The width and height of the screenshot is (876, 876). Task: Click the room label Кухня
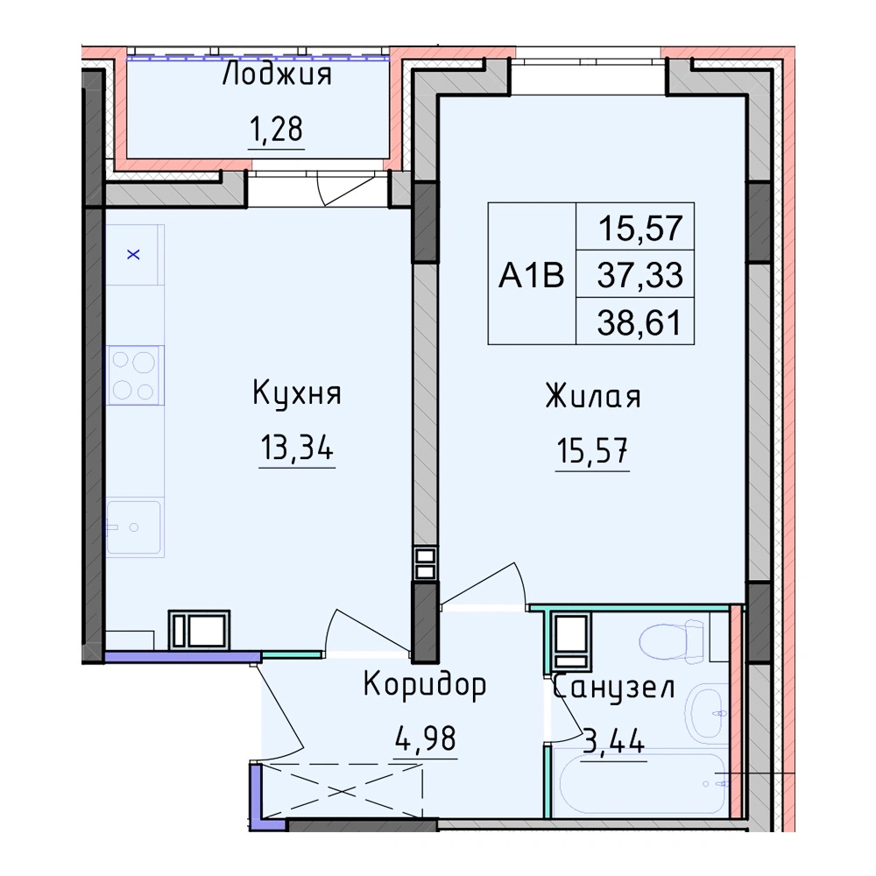coord(297,392)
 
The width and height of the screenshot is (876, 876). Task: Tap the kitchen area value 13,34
coord(297,448)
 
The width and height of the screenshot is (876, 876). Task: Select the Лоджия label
coord(277,74)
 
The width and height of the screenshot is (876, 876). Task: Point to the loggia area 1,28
coord(276,129)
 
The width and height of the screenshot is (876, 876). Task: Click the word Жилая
coord(593,397)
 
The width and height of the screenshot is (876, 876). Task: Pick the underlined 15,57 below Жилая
coord(592,451)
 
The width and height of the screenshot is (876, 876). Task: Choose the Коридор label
coord(425,684)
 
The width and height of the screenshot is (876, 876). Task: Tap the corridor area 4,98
coord(426,738)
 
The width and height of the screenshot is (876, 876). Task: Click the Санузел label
coord(613,689)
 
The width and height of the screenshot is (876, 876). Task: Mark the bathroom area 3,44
coord(614,741)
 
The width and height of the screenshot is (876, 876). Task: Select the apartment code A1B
coord(532,275)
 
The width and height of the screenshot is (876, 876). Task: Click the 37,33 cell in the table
coord(640,275)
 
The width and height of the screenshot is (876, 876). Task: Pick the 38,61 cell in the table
coord(640,322)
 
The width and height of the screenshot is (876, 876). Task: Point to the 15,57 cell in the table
coord(641,228)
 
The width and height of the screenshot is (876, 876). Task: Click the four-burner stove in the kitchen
coord(135,375)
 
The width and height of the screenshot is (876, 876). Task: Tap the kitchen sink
coord(134,527)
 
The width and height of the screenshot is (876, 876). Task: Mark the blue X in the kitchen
coord(133,255)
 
